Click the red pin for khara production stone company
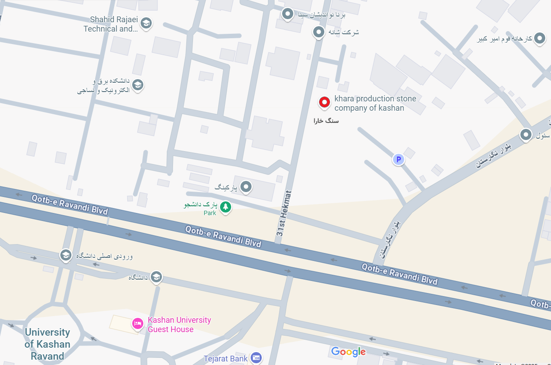324,102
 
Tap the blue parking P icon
398,160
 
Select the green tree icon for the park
226,206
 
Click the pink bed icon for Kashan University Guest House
138,324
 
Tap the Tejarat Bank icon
256,357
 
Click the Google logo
348,352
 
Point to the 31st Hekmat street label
284,213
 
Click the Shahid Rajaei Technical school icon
146,23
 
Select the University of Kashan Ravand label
47,344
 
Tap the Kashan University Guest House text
179,325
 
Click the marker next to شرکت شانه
318,32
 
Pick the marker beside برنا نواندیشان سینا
287,14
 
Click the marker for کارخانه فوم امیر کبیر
539,38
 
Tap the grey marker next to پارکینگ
246,187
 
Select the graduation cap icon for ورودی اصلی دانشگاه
66,255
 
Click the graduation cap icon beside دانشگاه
156,277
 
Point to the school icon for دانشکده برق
138,84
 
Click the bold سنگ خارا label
326,121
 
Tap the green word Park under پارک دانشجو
210,213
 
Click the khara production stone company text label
375,103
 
